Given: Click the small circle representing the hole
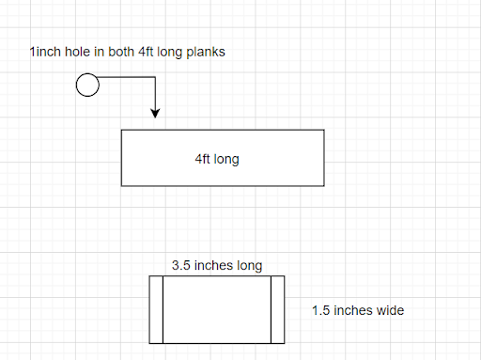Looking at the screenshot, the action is coord(86,86).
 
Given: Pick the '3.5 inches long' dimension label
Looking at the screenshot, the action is coord(217,265).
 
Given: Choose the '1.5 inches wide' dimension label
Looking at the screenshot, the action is coord(358,309).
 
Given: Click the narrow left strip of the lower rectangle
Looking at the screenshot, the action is coord(156,309).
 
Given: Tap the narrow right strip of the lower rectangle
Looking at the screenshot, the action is coord(277,309).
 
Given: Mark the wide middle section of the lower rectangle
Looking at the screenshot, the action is coord(217,309).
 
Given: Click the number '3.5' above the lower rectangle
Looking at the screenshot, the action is coord(181,265).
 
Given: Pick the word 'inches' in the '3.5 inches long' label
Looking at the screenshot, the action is coord(213,265).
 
